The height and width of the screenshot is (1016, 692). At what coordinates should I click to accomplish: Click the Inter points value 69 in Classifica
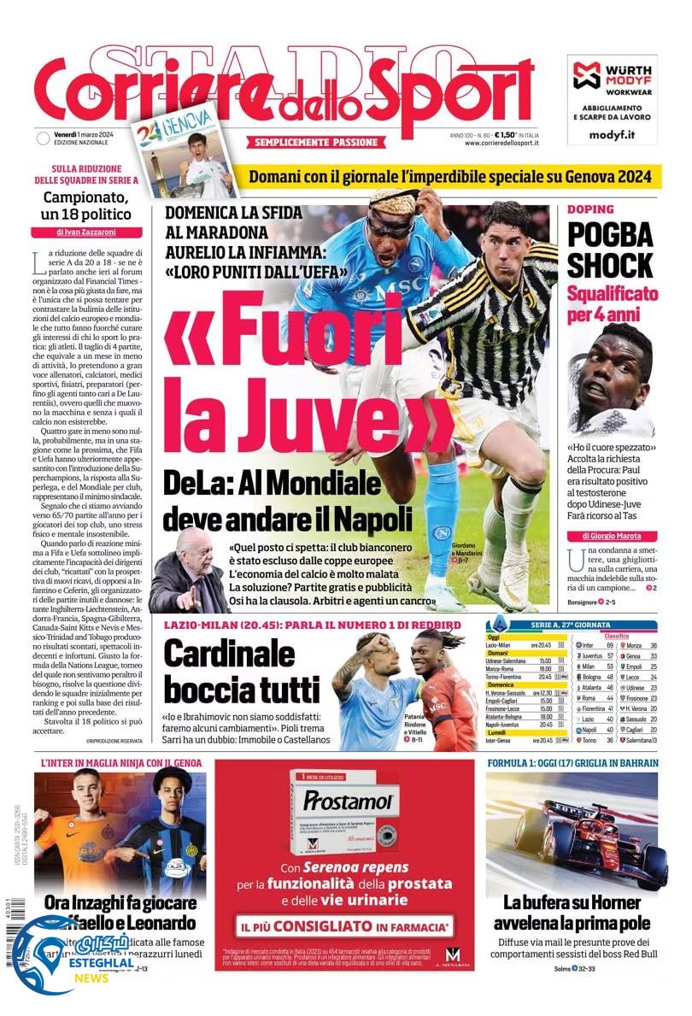pyautogui.click(x=608, y=645)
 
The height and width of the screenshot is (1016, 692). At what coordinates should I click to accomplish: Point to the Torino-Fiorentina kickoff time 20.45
pyautogui.click(x=545, y=676)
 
